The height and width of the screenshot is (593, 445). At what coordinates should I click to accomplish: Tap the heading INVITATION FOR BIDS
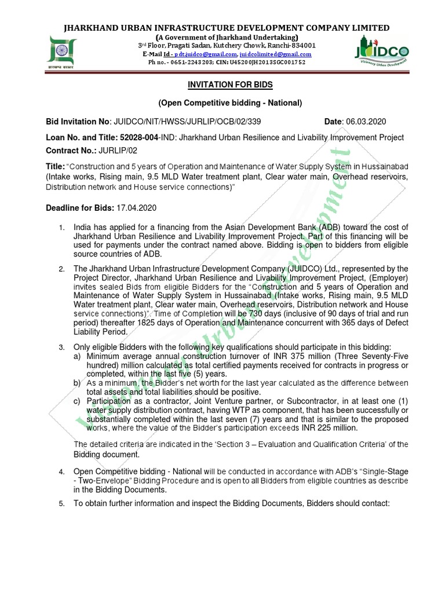point(222,85)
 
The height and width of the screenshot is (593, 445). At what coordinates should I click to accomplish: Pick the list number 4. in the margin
point(62,473)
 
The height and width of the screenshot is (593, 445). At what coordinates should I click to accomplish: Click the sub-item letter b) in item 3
point(76,383)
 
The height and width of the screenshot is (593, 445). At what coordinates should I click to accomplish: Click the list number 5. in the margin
point(62,503)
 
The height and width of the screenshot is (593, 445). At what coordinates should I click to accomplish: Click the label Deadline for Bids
point(79,207)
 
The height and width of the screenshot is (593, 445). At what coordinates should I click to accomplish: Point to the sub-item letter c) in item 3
point(76,401)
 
